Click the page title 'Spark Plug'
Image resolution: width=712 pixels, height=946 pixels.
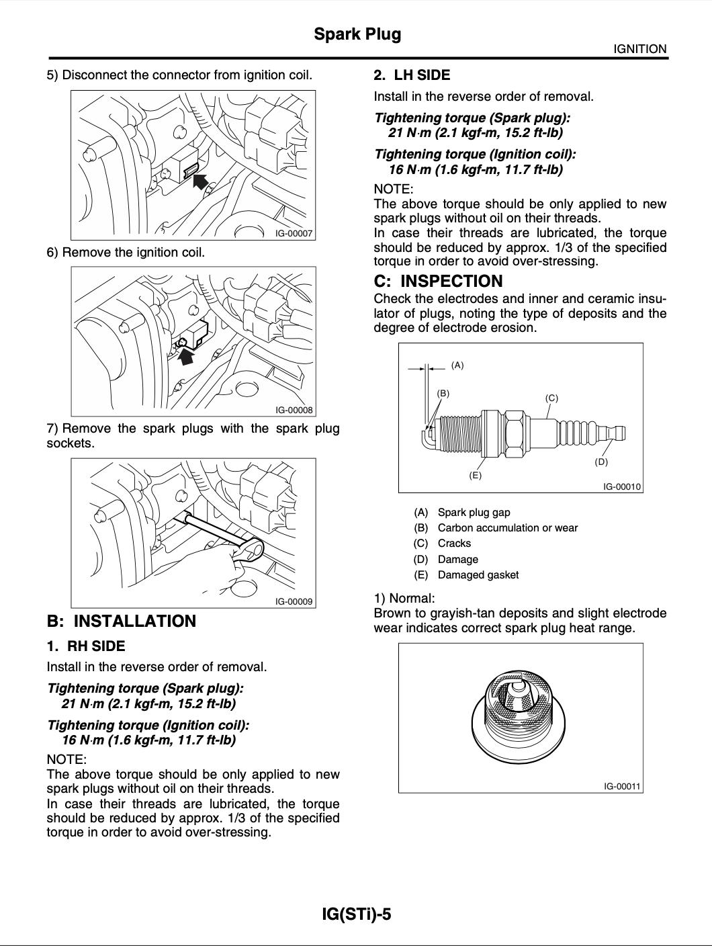pyautogui.click(x=357, y=34)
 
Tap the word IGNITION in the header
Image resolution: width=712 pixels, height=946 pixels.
pyautogui.click(x=639, y=49)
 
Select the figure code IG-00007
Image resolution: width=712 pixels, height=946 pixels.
pyautogui.click(x=294, y=234)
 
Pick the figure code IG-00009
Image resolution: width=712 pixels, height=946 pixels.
pyautogui.click(x=294, y=602)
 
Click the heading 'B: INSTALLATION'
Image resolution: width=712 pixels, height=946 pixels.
pyautogui.click(x=122, y=621)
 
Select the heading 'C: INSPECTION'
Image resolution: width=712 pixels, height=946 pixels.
pyautogui.click(x=438, y=282)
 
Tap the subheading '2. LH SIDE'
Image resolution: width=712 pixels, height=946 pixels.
pyautogui.click(x=412, y=75)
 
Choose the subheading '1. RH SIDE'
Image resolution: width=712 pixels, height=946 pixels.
pyautogui.click(x=86, y=646)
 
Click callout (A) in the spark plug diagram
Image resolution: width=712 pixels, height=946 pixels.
pyautogui.click(x=457, y=365)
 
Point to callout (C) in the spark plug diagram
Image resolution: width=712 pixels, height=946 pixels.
pyautogui.click(x=551, y=398)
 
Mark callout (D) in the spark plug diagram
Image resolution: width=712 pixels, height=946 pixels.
pyautogui.click(x=601, y=462)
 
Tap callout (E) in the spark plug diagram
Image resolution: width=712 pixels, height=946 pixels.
pyautogui.click(x=475, y=475)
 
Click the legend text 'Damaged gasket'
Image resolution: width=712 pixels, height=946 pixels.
pyautogui.click(x=478, y=575)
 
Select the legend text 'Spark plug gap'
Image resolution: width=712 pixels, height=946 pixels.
pyautogui.click(x=474, y=513)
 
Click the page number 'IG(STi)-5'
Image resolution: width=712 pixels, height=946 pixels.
pyautogui.click(x=357, y=914)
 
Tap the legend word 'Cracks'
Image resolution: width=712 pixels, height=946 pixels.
pyautogui.click(x=454, y=544)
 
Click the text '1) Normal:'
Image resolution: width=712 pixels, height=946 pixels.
pyautogui.click(x=404, y=598)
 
